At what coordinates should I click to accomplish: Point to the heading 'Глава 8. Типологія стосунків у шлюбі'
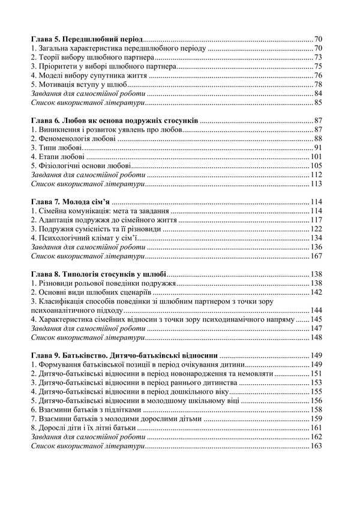click(98, 274)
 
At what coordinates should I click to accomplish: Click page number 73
click(319, 57)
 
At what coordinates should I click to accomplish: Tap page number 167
click(317, 256)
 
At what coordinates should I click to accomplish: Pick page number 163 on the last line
click(317, 446)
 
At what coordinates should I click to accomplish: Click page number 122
click(317, 229)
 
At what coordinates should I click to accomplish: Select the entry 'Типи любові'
click(56, 148)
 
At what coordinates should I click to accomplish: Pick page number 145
click(317, 319)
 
